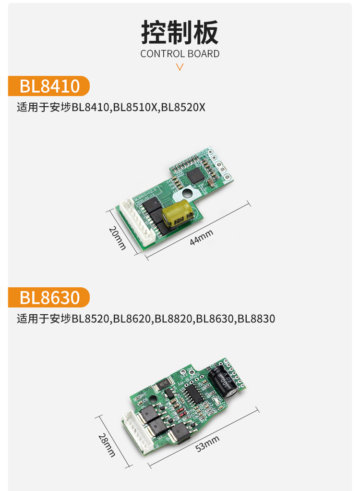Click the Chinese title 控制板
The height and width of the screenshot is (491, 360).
[180, 32]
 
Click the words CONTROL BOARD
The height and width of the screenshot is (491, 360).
[180, 54]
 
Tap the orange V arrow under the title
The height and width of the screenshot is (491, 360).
[180, 67]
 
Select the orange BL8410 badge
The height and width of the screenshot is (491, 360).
[49, 86]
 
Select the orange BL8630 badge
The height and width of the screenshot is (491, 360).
[49, 297]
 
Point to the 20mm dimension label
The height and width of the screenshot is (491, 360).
[117, 238]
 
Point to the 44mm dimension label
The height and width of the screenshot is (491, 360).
[201, 237]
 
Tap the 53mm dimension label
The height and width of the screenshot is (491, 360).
[207, 443]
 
